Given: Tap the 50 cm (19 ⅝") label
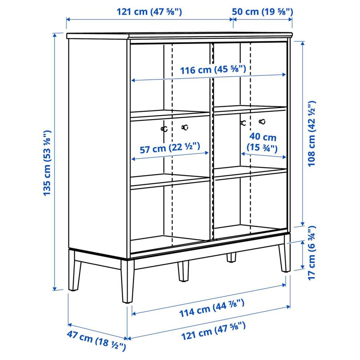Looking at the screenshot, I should [263, 12].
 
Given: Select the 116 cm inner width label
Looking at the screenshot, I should [212, 70].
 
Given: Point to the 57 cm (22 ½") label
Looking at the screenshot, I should [170, 149].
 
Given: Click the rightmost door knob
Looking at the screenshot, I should [262, 122].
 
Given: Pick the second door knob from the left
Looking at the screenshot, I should [184, 127].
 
